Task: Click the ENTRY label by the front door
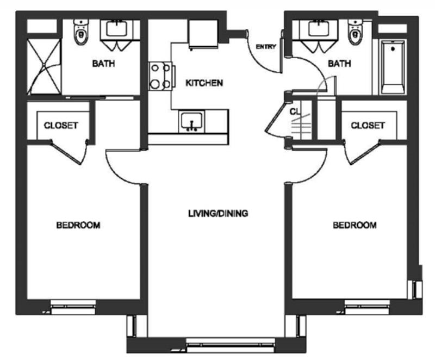(266, 47)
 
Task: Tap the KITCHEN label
(204, 83)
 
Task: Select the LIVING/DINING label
(218, 213)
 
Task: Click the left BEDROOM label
(78, 225)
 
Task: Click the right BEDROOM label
(355, 225)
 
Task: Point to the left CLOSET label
(61, 126)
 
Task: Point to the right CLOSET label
(368, 126)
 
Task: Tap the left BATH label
(103, 64)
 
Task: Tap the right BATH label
(339, 64)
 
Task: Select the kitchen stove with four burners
(161, 76)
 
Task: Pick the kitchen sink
(191, 121)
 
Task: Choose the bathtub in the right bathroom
(393, 67)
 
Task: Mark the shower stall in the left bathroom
(44, 66)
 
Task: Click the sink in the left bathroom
(117, 29)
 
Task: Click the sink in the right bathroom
(319, 29)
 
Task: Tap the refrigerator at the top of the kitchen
(203, 34)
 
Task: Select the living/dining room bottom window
(230, 345)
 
